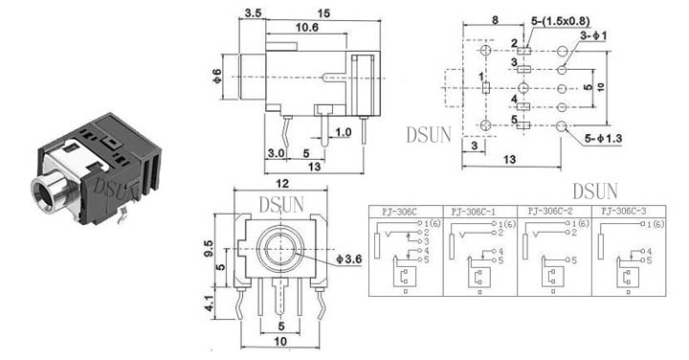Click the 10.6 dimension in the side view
coord(307,28)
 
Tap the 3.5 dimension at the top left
coord(253,13)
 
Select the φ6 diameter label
coord(217,77)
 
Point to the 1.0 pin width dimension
coord(344,132)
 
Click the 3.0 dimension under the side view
coord(276,153)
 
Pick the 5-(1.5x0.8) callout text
coord(560,21)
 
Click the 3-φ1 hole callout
coord(593,35)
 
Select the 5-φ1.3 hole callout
coord(603,139)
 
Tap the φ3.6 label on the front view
coord(349,259)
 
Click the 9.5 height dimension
coord(209,249)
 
